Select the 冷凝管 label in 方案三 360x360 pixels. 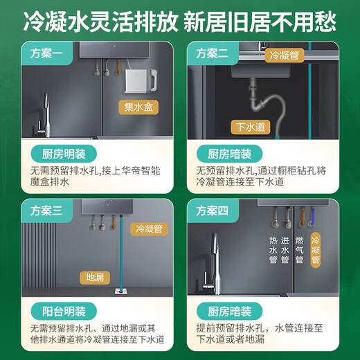tap(150, 228)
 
